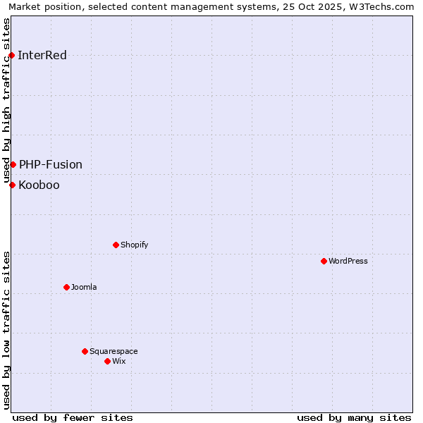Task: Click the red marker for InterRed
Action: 11,55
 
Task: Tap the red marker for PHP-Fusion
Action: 13,164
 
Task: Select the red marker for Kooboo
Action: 12,185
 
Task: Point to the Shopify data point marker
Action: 116,245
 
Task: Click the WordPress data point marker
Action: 324,261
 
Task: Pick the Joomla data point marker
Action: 66,287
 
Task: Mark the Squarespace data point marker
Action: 85,351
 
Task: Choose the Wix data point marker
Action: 107,361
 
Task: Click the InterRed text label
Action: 42,56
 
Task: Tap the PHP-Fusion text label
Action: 51,165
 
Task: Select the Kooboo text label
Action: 39,185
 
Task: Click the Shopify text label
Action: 134,245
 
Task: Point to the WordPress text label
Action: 348,262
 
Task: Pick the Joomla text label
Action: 84,288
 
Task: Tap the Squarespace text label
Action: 114,352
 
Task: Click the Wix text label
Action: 119,362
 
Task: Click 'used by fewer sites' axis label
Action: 73,417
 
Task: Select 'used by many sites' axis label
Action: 354,417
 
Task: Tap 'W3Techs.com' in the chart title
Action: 381,6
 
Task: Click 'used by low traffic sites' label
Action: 6,330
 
